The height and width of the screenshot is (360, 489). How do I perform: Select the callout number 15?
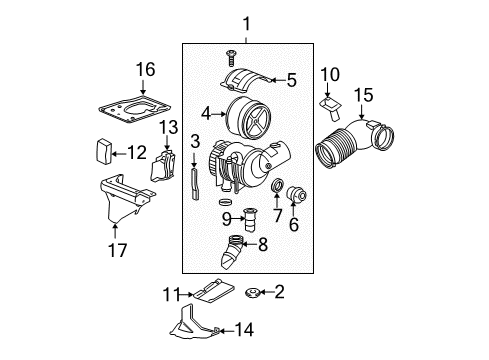[362, 95]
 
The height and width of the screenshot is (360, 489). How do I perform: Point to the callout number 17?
[118, 250]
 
